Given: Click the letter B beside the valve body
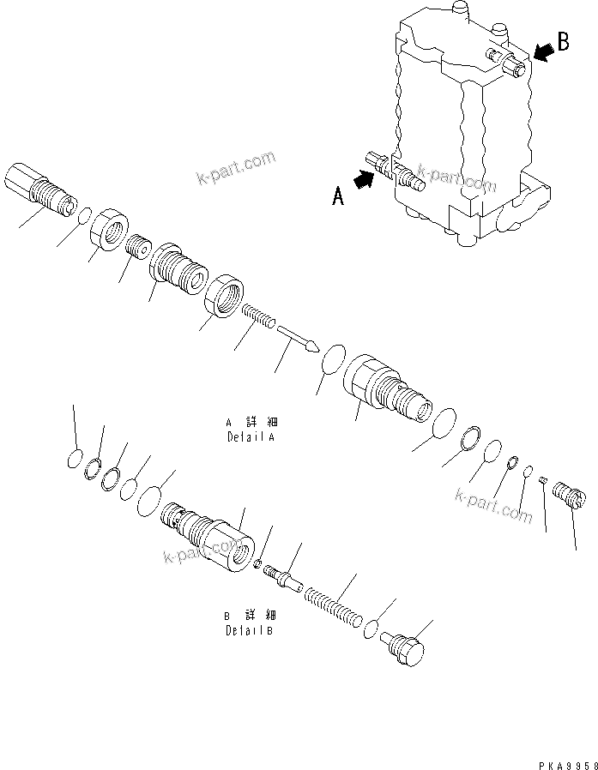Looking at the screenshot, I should (x=562, y=43).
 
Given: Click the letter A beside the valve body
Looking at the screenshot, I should (x=339, y=197).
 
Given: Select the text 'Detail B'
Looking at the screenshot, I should (x=251, y=630).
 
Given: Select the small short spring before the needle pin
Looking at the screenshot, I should (x=258, y=316).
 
